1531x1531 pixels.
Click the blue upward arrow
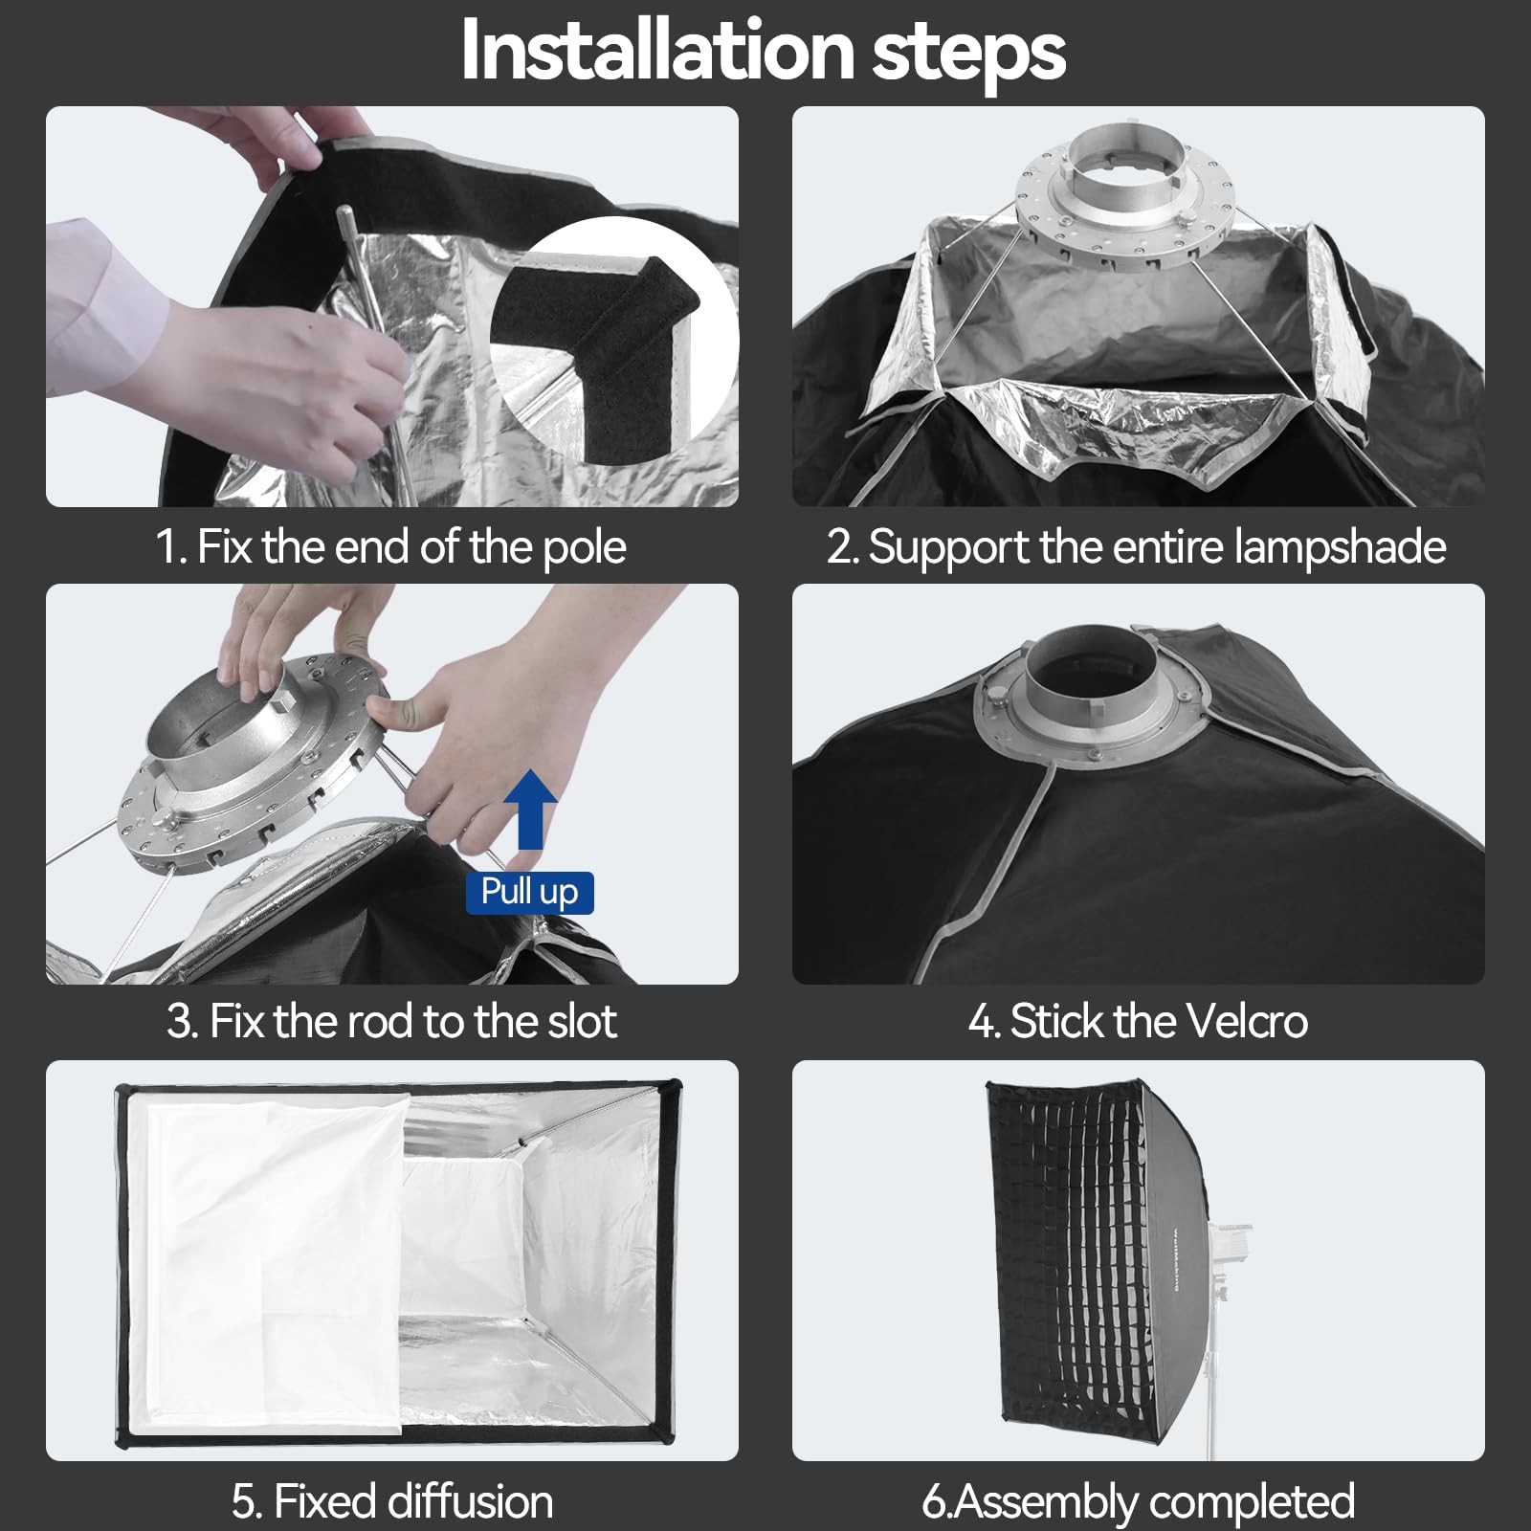(x=530, y=811)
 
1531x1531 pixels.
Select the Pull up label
(x=530, y=893)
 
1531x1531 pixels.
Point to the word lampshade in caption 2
(x=1340, y=548)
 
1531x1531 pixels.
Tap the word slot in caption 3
(x=581, y=1021)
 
